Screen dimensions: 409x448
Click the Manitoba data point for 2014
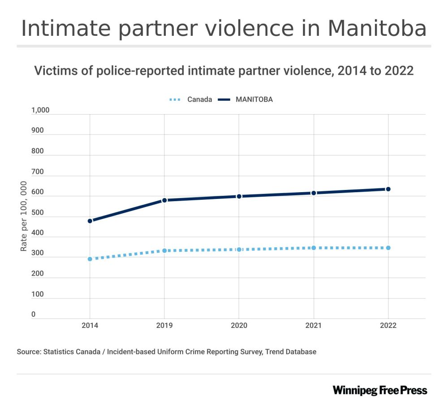click(90, 221)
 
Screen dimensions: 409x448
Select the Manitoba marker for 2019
click(164, 200)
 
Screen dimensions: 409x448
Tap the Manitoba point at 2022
click(388, 189)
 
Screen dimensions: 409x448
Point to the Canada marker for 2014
click(90, 259)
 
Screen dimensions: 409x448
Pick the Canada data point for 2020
click(239, 250)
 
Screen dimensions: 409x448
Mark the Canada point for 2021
click(314, 248)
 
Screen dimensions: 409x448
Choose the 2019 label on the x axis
click(164, 326)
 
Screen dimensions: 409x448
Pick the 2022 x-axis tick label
click(388, 326)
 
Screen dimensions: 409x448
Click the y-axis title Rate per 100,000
click(24, 216)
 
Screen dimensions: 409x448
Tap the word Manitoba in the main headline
click(377, 28)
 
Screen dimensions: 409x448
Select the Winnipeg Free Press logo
click(380, 390)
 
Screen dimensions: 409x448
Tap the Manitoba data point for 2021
click(314, 193)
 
